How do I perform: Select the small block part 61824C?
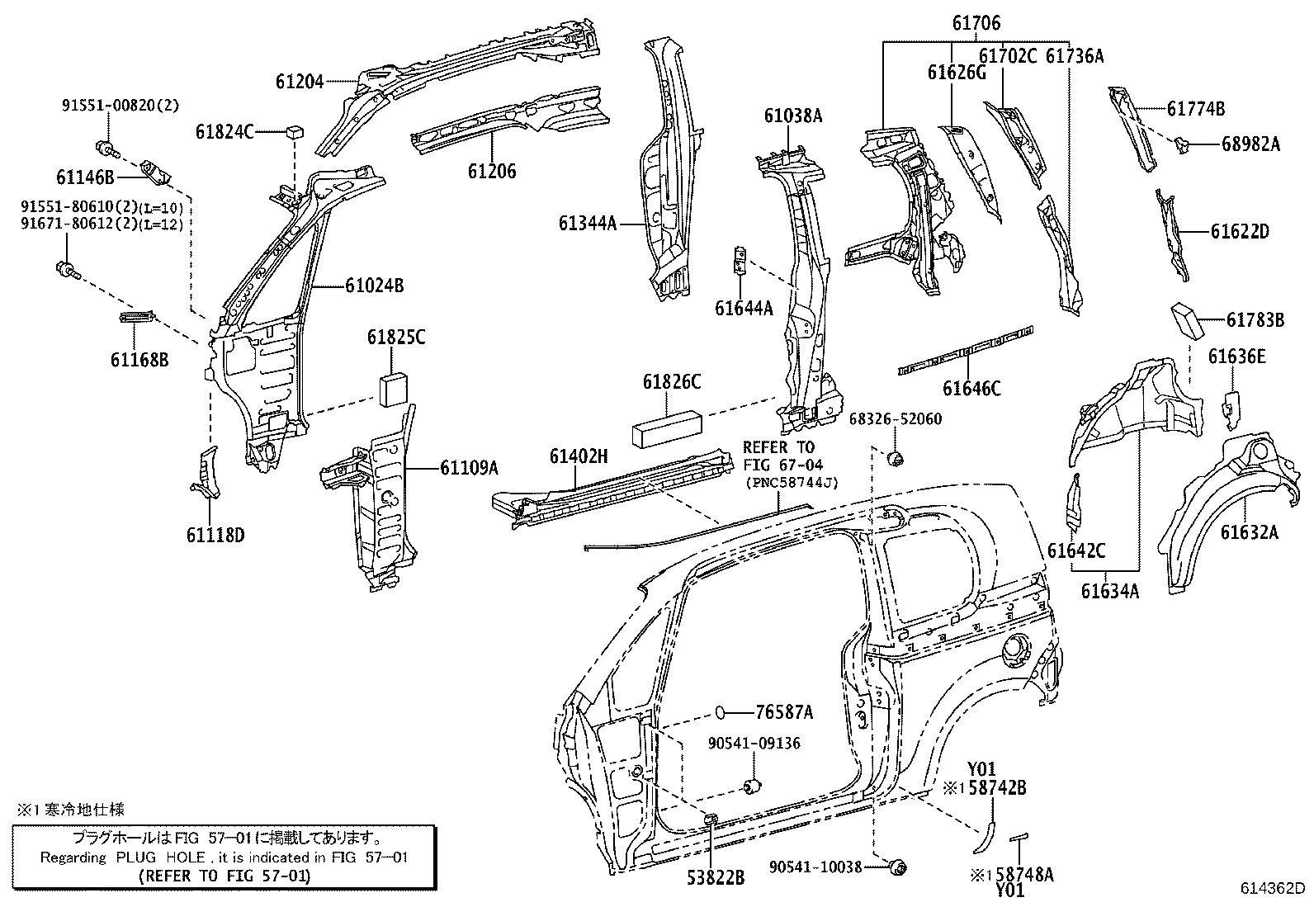pyautogui.click(x=293, y=131)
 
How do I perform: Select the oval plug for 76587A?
pyautogui.click(x=721, y=711)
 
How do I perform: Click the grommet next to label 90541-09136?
pyautogui.click(x=753, y=785)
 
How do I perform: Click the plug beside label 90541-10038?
pyautogui.click(x=898, y=867)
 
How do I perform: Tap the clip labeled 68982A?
pyautogui.click(x=1184, y=144)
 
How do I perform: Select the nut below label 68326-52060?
pyautogui.click(x=893, y=457)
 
